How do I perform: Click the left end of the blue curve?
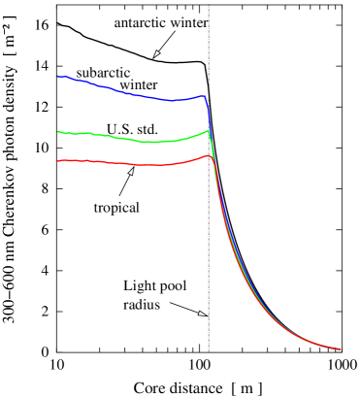coord(58,76)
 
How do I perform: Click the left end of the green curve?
coord(58,132)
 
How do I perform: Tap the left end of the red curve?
coord(58,160)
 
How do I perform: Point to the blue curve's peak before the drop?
coord(203,95)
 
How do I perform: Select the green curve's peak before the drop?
coord(207,130)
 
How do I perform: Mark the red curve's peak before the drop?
coord(208,155)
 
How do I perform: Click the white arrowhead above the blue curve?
coord(156,53)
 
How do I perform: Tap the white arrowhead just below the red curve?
coord(131,172)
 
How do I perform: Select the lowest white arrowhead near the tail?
coord(201,314)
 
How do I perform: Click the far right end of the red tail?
coord(339,348)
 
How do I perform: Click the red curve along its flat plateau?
coord(107,162)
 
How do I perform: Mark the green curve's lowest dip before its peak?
coord(155,143)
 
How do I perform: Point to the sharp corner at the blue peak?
coord(205,96)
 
